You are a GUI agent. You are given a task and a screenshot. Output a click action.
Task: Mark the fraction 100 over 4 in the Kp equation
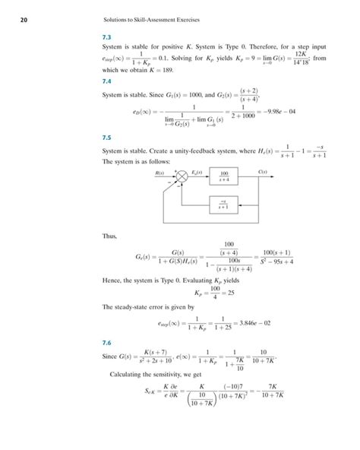pyautogui.click(x=193, y=292)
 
